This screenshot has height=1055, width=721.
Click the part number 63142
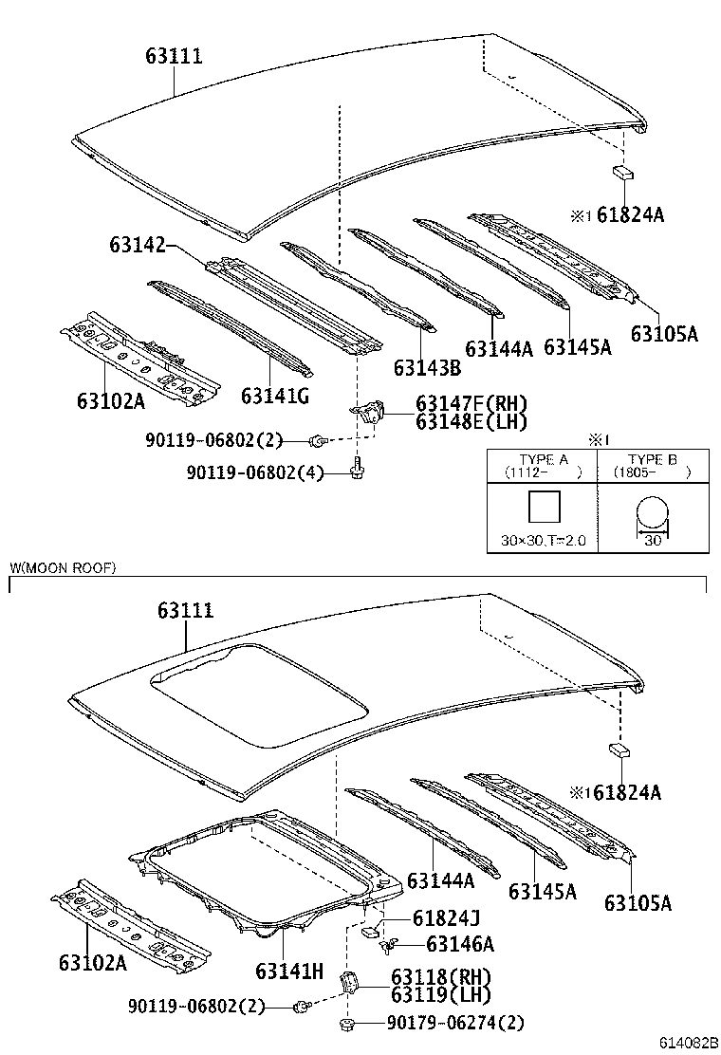tap(138, 246)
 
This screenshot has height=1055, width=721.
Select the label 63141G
tap(274, 396)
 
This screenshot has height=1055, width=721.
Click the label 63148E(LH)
tap(471, 422)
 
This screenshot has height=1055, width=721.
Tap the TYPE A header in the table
tap(543, 460)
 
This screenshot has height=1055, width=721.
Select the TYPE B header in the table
tap(652, 460)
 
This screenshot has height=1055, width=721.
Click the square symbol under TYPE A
tap(543, 507)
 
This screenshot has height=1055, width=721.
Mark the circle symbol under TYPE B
tap(652, 515)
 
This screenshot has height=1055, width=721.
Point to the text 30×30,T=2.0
tap(543, 541)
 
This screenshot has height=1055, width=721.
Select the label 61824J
tap(445, 917)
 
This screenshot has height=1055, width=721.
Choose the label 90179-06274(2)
tap(454, 1023)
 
